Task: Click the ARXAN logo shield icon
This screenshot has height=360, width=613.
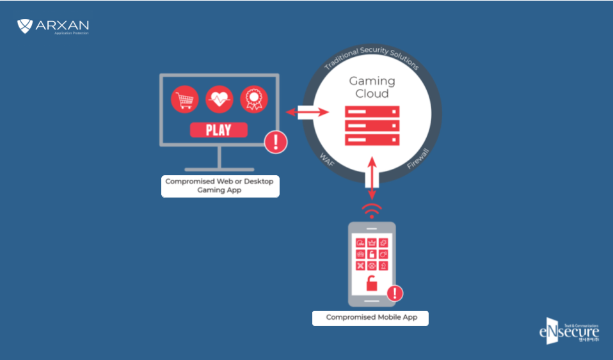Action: [x=25, y=26]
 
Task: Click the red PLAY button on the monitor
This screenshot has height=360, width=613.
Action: [x=219, y=130]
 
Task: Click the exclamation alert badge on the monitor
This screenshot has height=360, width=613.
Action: [x=276, y=141]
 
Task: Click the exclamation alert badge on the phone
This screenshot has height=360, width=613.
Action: [x=395, y=293]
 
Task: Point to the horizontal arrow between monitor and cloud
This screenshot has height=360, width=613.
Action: [x=306, y=113]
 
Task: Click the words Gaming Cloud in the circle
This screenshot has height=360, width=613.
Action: [x=372, y=87]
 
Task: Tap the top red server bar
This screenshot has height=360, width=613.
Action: [x=372, y=111]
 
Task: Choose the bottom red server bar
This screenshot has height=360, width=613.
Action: [x=372, y=139]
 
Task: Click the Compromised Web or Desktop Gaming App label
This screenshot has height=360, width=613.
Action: [x=219, y=185]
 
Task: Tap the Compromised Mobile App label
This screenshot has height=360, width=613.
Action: [x=370, y=317]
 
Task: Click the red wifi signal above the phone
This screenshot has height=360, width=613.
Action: [x=372, y=210]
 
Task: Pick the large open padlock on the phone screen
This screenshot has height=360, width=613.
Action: [x=371, y=282]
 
